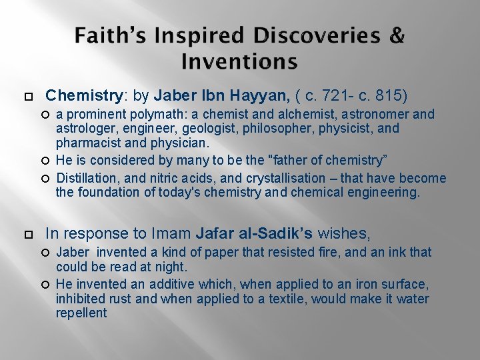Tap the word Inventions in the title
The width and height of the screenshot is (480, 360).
pyautogui.click(x=239, y=62)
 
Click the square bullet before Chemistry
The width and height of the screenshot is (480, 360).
pyautogui.click(x=27, y=95)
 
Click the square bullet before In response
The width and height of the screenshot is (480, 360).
pyautogui.click(x=27, y=234)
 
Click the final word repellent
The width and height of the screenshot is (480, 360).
pyautogui.click(x=81, y=313)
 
